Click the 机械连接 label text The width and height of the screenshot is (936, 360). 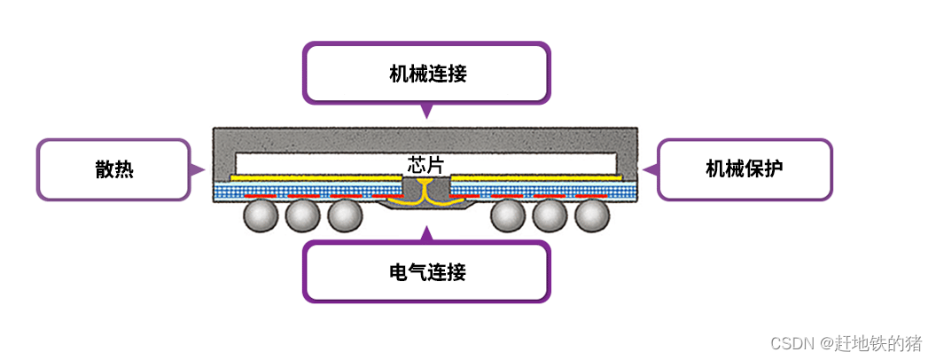pos(427,74)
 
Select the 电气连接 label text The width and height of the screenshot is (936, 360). pos(427,272)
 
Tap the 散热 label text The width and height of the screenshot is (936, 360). pos(114,169)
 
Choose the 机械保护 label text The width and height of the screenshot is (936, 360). pos(745,169)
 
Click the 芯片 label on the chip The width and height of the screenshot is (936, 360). pos(425,164)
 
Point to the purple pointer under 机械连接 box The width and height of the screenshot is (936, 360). pos(427,111)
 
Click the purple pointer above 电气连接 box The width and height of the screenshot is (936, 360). pos(427,234)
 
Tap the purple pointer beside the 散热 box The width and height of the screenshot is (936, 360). pos(198,168)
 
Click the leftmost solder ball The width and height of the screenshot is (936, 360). pos(261,215)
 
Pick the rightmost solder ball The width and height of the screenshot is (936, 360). pos(591,215)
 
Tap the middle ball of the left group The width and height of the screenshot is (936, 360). pos(303,215)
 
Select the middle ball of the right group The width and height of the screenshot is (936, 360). pos(550,215)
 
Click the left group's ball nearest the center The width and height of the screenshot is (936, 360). pos(345,215)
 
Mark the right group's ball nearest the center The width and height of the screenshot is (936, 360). pos(508,215)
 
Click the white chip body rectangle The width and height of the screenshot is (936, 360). pos(319,163)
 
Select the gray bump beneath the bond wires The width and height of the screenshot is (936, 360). pos(426,209)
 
